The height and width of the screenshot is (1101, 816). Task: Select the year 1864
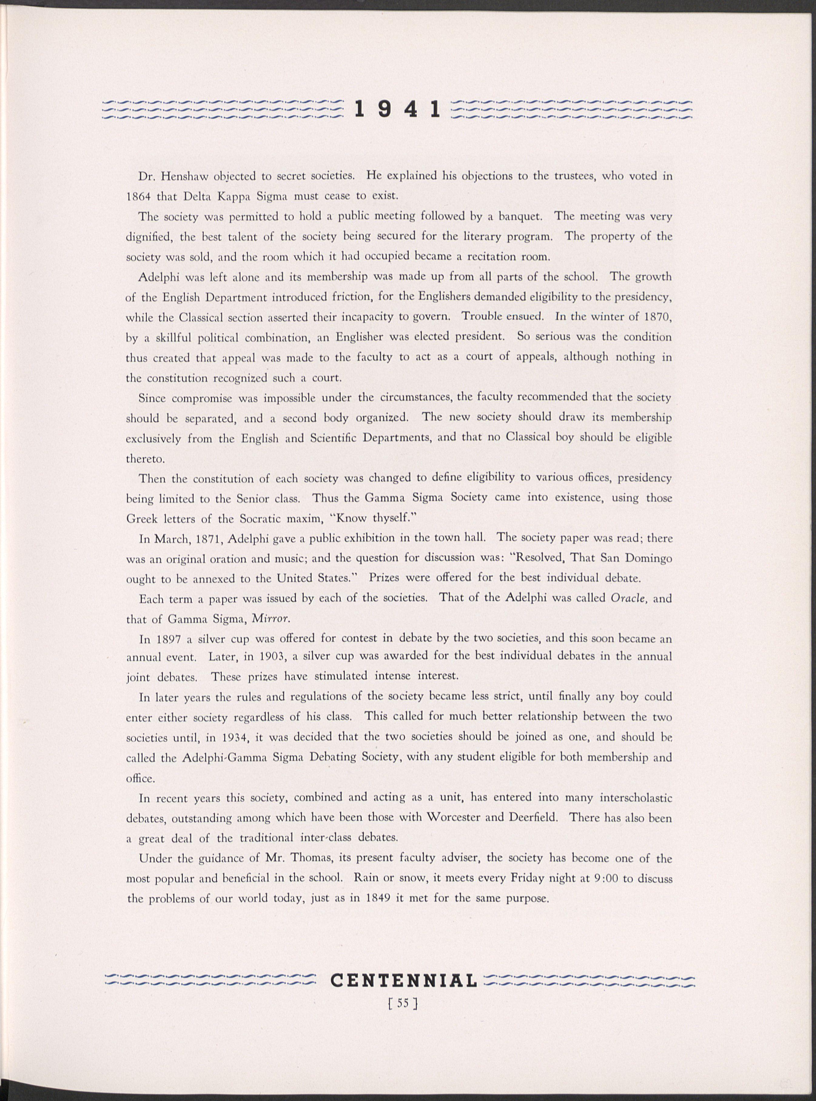click(139, 196)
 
